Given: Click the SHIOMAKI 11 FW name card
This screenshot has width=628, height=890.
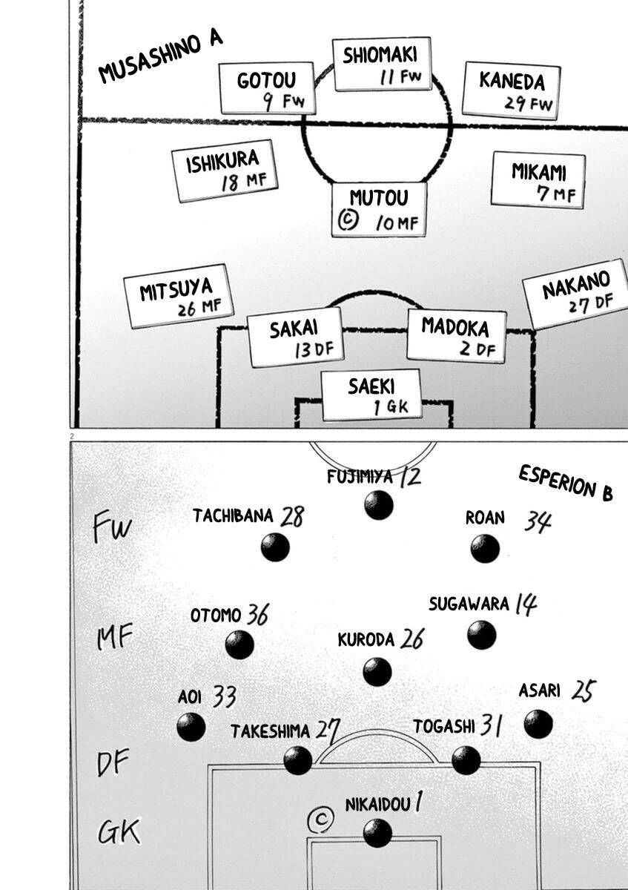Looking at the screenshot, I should pyautogui.click(x=381, y=65).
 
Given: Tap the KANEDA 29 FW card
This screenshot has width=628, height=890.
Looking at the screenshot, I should pyautogui.click(x=512, y=90).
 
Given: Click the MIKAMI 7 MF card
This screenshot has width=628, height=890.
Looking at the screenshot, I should pyautogui.click(x=539, y=181).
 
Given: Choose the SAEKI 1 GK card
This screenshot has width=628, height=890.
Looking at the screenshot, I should pyautogui.click(x=371, y=395).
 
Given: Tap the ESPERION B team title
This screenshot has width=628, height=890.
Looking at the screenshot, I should pyautogui.click(x=566, y=483).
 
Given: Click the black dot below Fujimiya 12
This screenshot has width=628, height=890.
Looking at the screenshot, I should pyautogui.click(x=379, y=506).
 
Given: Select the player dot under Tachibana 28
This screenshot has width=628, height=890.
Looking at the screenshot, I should pyautogui.click(x=275, y=548).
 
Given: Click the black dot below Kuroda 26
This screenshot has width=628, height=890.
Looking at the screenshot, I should pyautogui.click(x=377, y=672).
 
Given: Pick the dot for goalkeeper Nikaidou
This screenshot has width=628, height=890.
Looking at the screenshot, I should pyautogui.click(x=377, y=833).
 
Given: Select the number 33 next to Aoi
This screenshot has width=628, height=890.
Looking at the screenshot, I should pyautogui.click(x=224, y=696).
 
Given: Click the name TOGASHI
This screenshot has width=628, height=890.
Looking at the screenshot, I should pyautogui.click(x=443, y=727).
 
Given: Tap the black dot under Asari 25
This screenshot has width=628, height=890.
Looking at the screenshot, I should pyautogui.click(x=538, y=724).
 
